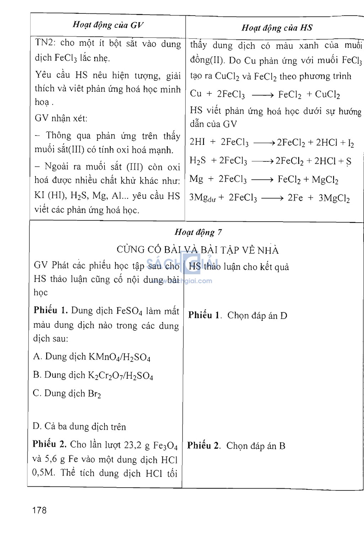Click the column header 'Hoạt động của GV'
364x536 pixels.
[108, 25]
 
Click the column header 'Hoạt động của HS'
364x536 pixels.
[277, 28]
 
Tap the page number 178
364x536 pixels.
[39, 510]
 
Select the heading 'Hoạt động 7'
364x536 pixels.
[198, 232]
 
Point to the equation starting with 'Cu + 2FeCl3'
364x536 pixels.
[265, 94]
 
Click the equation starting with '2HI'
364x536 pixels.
[272, 142]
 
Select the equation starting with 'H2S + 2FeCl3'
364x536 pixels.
[270, 161]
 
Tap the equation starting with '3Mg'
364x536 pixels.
[269, 198]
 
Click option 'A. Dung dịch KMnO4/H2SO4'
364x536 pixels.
[92, 357]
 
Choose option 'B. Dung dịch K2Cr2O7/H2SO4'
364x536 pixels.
[93, 375]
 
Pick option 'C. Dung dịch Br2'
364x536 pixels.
[67, 394]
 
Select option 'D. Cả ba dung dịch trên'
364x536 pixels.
[79, 426]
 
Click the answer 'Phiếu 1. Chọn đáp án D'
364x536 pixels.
[237, 315]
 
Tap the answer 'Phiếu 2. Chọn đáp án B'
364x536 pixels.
[236, 446]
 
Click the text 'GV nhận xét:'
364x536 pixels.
[61, 118]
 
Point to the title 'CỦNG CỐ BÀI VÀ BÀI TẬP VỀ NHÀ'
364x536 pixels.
[198, 250]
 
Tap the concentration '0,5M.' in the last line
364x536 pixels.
[43, 473]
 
